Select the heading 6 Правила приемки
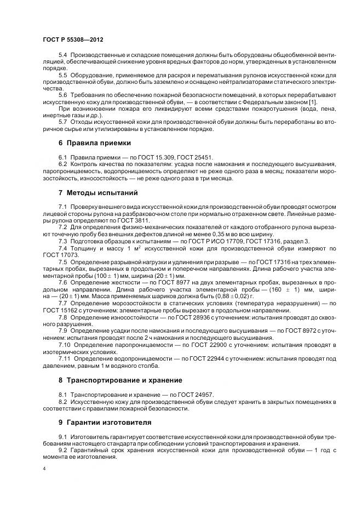click(94, 142)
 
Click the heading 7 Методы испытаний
click(97, 193)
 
